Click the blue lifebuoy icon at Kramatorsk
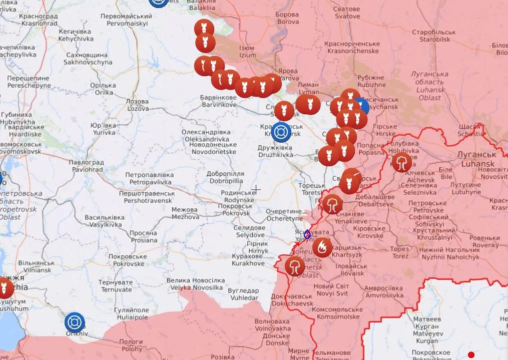tap(282, 132)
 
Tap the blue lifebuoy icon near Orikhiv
tap(75, 323)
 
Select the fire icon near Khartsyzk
tap(322, 247)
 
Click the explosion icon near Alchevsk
tap(401, 162)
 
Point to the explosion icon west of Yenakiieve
tap(332, 204)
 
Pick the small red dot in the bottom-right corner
tap(471, 355)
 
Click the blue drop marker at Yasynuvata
tap(307, 234)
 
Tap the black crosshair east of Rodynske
tap(256, 189)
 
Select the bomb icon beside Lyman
tap(308, 104)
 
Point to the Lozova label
tap(138, 105)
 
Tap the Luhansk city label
tap(475, 160)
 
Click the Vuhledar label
tap(243, 294)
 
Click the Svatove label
tap(347, 13)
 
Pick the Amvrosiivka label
tap(383, 292)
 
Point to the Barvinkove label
tap(219, 101)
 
